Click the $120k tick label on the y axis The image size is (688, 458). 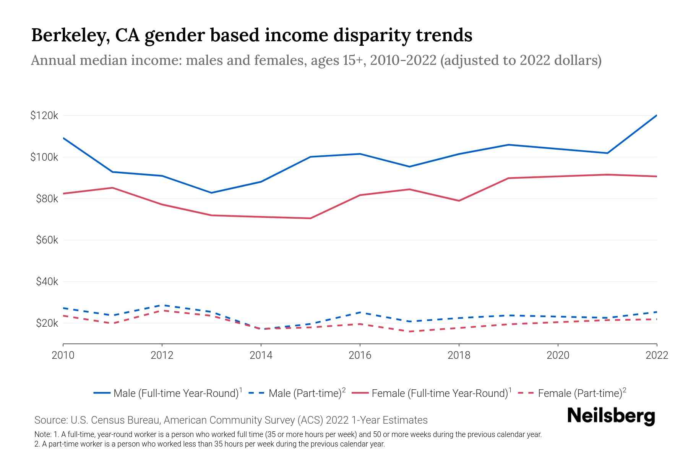tap(44, 115)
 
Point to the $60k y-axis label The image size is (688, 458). tap(47, 240)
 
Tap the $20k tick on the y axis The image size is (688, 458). tap(47, 323)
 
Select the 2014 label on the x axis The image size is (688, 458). tap(261, 355)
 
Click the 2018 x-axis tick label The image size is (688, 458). tap(459, 355)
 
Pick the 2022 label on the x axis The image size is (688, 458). tap(656, 355)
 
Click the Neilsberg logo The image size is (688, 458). tap(611, 416)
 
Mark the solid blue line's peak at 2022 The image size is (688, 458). tap(656, 115)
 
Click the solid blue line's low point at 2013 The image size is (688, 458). tap(211, 193)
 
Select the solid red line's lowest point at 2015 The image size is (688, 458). tap(310, 218)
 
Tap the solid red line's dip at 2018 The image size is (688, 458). tap(459, 201)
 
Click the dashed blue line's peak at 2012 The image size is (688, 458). tap(162, 305)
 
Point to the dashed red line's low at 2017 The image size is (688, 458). tap(409, 332)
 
